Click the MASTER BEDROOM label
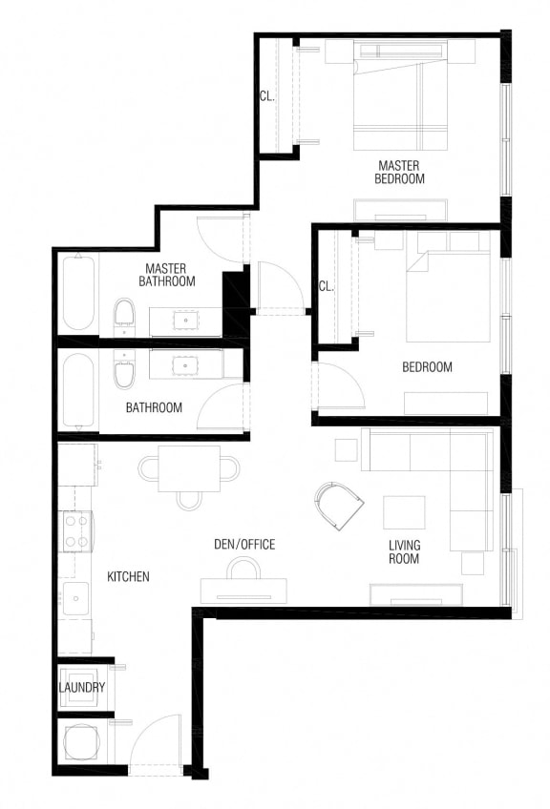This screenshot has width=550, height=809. pyautogui.click(x=399, y=172)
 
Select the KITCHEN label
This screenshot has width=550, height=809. pyautogui.click(x=127, y=577)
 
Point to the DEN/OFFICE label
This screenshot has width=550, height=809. pyautogui.click(x=243, y=545)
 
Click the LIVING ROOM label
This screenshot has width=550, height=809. pyautogui.click(x=404, y=552)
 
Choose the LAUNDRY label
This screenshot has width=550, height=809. pyautogui.click(x=82, y=688)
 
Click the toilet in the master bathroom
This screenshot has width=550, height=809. pyautogui.click(x=124, y=314)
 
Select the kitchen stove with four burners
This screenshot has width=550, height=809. pyautogui.click(x=75, y=531)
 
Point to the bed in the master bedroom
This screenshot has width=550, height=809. pyautogui.click(x=399, y=95)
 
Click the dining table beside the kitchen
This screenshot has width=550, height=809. pyautogui.click(x=189, y=468)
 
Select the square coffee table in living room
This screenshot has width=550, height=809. pyautogui.click(x=404, y=512)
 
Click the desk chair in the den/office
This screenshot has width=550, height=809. pyautogui.click(x=243, y=570)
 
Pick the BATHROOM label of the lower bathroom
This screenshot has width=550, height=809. pyautogui.click(x=154, y=407)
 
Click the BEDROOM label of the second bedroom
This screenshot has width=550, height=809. pyautogui.click(x=427, y=366)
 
